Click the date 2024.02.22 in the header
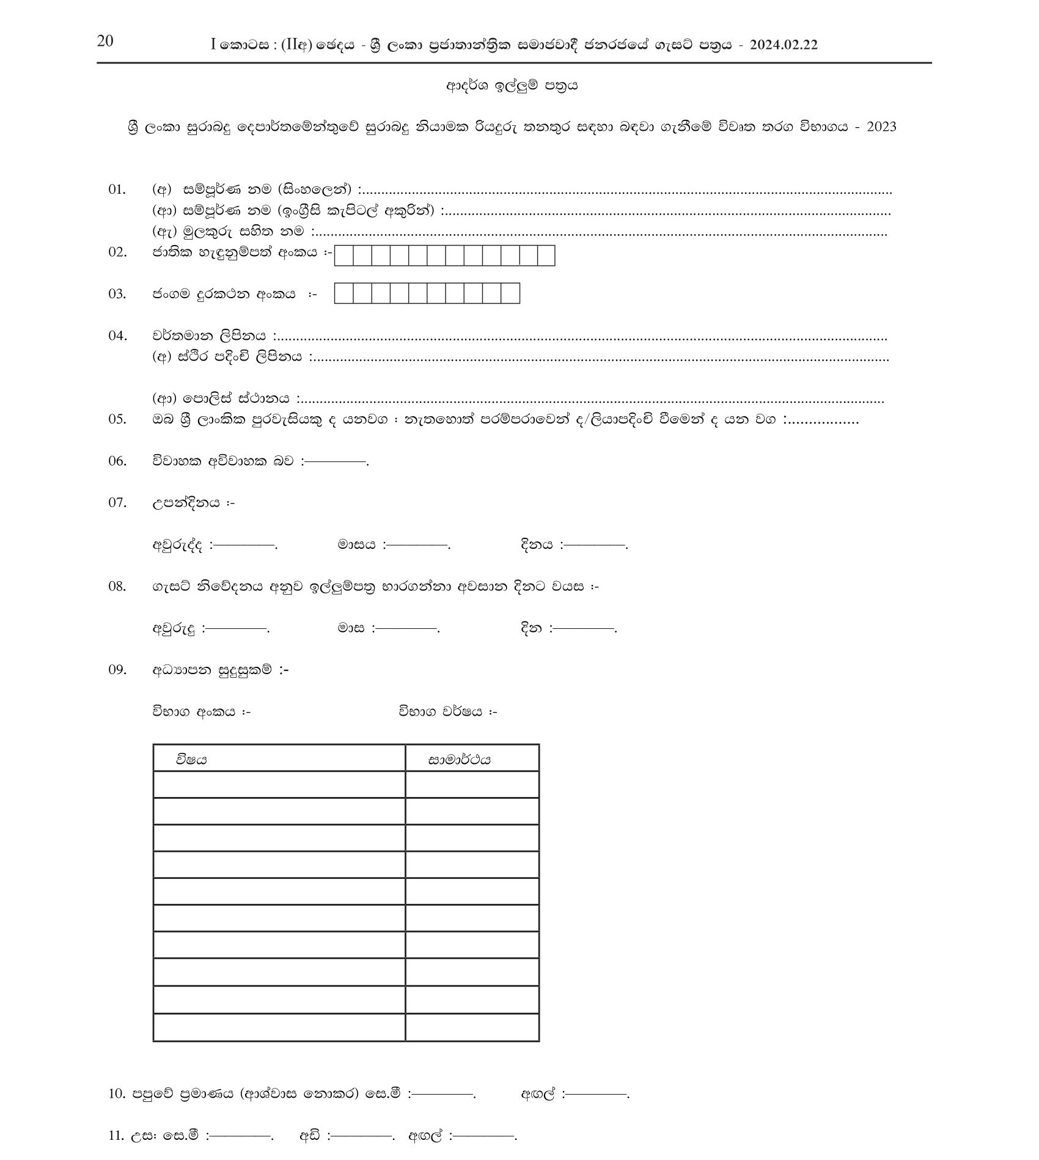784,45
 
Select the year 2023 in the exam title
881,127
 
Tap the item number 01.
117,189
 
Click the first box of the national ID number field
344,255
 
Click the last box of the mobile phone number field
510,294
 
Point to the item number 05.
117,419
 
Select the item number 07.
117,503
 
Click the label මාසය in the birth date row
356,544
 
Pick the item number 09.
117,670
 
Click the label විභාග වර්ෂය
441,711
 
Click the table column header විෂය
191,759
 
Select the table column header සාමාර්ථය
459,760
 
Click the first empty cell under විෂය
279,785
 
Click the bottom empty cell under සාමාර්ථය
472,1027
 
